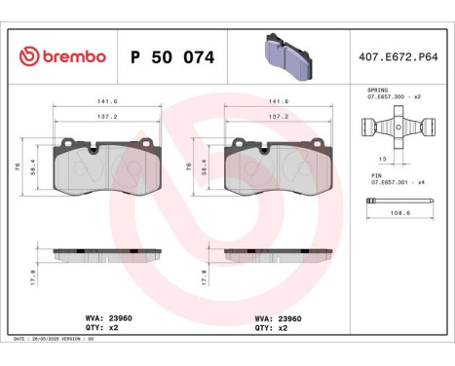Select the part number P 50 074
pos(171,56)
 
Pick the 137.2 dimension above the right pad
pos(280,115)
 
